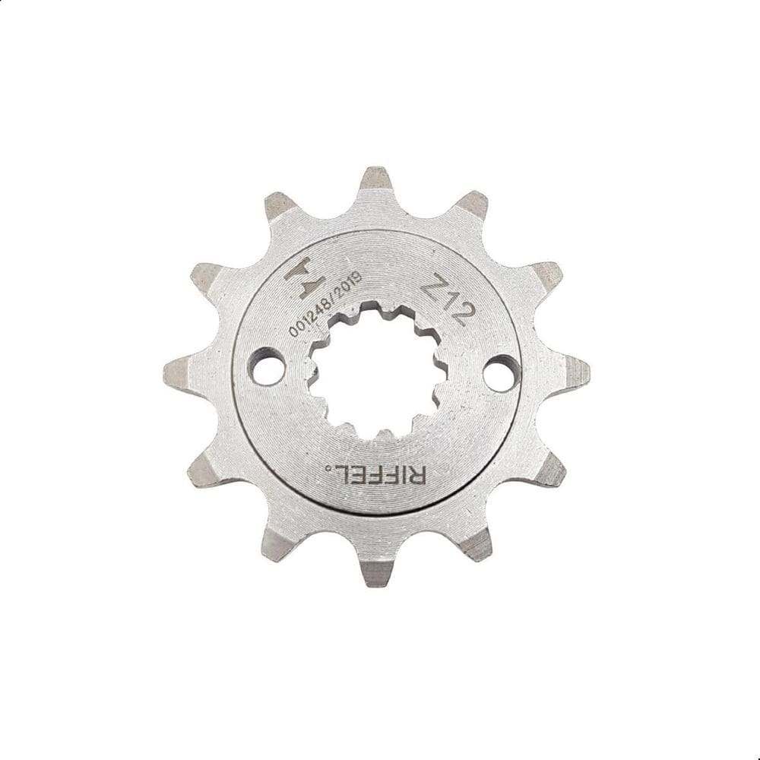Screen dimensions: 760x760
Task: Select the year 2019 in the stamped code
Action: click(x=351, y=287)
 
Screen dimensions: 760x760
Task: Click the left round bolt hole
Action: click(x=266, y=366)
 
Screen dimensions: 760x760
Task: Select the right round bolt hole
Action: click(x=502, y=373)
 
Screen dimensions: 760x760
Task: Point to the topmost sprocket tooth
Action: click(x=375, y=181)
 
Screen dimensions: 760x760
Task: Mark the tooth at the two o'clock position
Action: click(x=545, y=275)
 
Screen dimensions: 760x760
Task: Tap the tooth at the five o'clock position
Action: click(x=476, y=543)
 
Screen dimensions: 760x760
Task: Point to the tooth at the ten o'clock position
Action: click(x=206, y=276)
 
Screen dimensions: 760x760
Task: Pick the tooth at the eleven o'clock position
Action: click(x=280, y=205)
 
